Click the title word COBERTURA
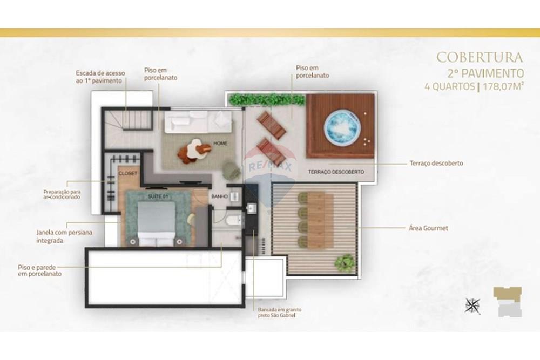(479, 57)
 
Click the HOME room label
(220, 144)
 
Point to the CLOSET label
(128, 173)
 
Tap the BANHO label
(218, 196)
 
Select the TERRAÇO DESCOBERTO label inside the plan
(336, 172)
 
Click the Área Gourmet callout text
(428, 228)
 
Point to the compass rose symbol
(472, 305)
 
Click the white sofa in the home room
(199, 122)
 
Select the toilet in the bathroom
(232, 219)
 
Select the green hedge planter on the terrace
(267, 100)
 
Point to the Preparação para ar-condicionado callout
(62, 194)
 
